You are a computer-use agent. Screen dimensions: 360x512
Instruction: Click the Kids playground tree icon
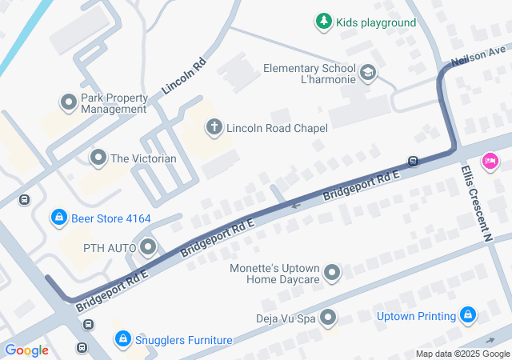323,22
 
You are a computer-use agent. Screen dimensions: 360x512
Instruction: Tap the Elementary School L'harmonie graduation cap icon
368,74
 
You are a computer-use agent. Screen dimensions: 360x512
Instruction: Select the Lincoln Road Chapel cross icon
214,126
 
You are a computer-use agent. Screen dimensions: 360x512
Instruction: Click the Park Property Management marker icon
69,102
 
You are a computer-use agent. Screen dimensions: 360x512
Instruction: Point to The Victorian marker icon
98,158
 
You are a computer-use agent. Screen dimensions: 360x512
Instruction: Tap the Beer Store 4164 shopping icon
58,217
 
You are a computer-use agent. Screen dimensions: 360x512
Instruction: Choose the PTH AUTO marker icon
148,247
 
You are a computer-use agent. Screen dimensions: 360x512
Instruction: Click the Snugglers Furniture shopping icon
122,339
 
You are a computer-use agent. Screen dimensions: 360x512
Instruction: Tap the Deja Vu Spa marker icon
328,318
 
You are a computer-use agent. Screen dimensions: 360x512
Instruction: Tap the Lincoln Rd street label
184,77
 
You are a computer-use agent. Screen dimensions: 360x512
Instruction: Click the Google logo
26,350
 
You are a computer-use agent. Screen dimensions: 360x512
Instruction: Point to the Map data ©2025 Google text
462,354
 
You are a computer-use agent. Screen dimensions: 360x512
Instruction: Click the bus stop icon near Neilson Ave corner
414,161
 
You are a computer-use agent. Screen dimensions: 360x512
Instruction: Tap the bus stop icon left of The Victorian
26,199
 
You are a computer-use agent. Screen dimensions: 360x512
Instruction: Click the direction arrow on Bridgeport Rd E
296,206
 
